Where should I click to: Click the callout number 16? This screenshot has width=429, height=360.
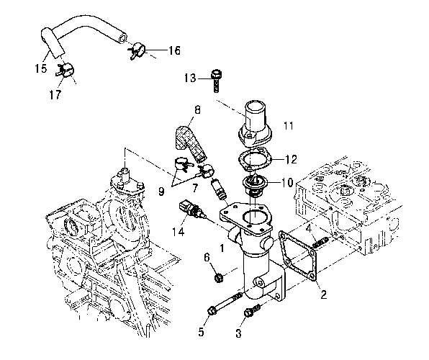174,50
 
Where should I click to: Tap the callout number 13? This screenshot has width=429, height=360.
190,78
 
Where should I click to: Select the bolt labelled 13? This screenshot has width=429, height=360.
216,81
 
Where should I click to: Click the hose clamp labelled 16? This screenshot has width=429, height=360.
137,50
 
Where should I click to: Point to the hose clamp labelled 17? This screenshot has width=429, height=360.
66,70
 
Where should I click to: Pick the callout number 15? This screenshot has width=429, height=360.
41,68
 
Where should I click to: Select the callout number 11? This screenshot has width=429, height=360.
289,126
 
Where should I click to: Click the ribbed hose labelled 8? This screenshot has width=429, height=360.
191,143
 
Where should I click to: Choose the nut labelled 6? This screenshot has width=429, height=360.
218,278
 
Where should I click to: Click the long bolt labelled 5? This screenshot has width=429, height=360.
225,303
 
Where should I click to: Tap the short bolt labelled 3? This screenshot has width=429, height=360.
252,311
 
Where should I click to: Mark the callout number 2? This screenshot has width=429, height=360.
324,295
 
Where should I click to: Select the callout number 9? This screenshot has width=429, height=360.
161,192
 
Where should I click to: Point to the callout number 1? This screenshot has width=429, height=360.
222,248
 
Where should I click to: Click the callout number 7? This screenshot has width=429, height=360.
195,188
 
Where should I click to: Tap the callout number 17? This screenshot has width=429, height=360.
55,95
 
